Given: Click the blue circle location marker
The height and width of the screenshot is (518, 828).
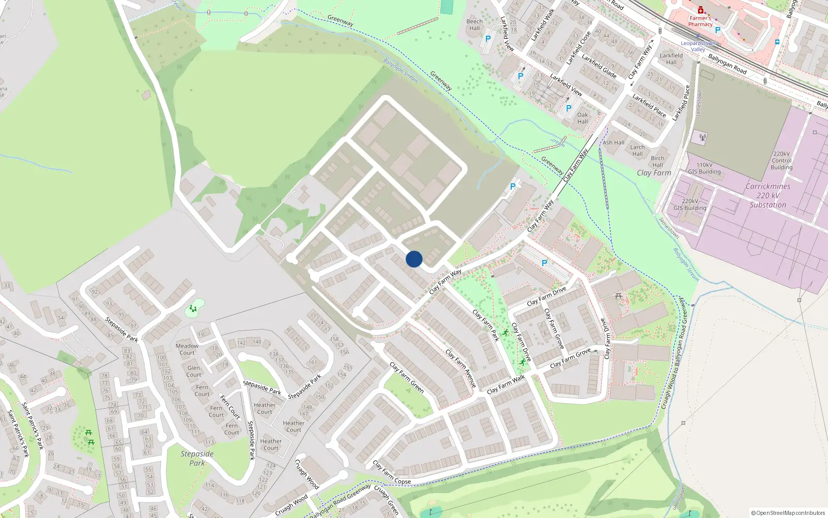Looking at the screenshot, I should [414, 259].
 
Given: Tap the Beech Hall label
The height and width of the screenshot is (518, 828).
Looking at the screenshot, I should [475, 25].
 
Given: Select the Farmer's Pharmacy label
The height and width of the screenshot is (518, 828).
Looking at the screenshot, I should [700, 21].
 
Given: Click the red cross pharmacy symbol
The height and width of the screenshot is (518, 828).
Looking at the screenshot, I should [701, 10].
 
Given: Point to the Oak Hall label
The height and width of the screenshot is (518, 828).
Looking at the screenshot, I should [583, 118].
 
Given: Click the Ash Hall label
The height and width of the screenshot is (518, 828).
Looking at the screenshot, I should [614, 142].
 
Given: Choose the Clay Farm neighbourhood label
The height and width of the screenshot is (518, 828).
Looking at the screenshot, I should [654, 173].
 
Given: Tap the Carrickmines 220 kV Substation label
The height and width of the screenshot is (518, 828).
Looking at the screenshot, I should [768, 195].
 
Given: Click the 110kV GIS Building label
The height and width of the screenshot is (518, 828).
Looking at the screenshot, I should [704, 168].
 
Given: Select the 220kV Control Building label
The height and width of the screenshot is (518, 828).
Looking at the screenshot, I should [781, 161].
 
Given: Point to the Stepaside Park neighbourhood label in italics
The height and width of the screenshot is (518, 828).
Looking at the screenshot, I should [197, 458].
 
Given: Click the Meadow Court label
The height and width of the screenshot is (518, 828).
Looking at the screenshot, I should [187, 349].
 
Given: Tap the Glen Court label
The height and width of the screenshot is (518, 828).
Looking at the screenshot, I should [194, 371].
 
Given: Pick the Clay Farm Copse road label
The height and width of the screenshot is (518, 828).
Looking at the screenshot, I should [392, 472].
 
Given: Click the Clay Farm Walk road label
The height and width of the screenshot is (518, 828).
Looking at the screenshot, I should [506, 384].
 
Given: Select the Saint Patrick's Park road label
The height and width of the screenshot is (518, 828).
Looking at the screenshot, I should [32, 426].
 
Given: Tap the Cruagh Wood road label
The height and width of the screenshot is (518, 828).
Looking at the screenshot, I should [307, 474].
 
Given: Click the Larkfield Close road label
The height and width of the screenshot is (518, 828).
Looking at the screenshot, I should [578, 48].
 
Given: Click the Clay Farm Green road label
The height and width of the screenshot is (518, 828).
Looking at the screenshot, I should [407, 378].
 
